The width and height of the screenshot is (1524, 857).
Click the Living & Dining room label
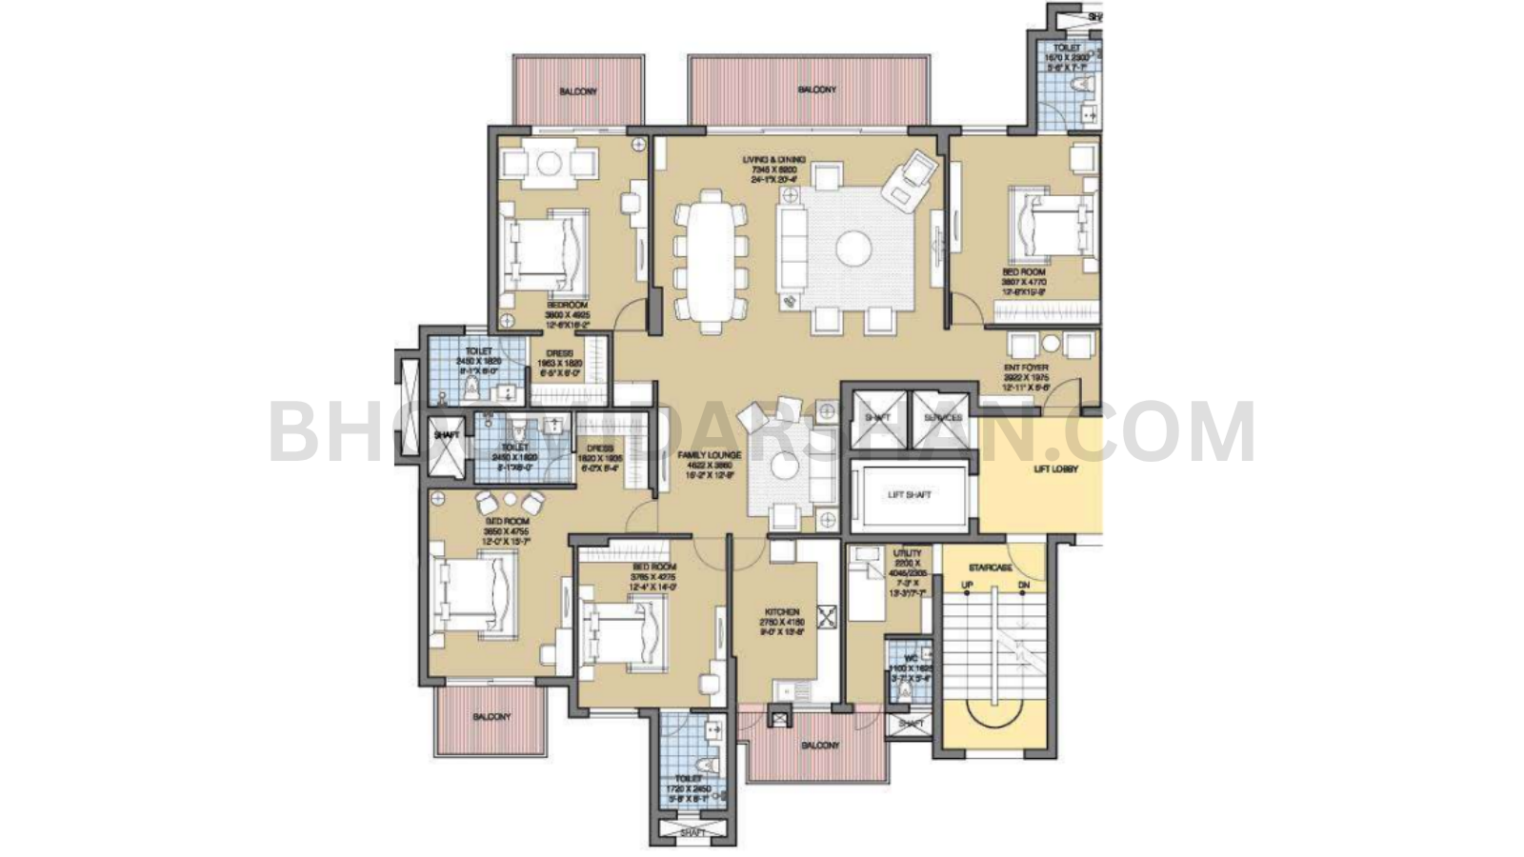click(x=773, y=160)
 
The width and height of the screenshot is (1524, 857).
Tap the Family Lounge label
click(x=709, y=456)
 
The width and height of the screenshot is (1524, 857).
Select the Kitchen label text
click(x=782, y=612)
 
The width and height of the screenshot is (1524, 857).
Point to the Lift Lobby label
click(x=1055, y=469)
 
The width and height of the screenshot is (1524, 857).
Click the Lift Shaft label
click(x=909, y=495)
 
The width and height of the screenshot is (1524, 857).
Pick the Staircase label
click(x=990, y=568)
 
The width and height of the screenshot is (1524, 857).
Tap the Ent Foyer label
click(x=1026, y=368)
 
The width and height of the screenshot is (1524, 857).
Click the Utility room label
click(x=906, y=553)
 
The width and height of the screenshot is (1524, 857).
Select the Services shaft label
click(x=943, y=418)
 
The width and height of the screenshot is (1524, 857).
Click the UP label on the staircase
click(x=967, y=585)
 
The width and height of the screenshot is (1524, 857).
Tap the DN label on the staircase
click(x=1023, y=585)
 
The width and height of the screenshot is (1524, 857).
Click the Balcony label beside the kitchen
click(x=819, y=746)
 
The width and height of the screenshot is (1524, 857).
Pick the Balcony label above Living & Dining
click(x=816, y=90)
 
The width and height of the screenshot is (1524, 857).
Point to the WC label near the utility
click(x=911, y=658)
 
